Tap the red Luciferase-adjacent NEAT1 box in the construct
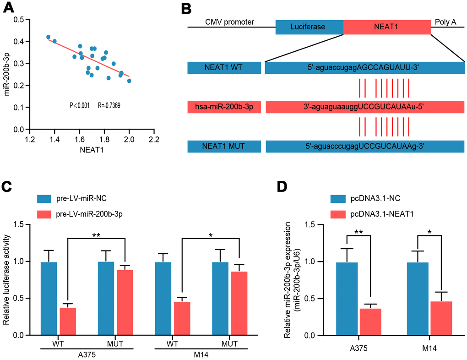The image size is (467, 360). pos(387,27)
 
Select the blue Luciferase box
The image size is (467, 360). pos(309,27)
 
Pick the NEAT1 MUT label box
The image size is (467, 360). pos(224,147)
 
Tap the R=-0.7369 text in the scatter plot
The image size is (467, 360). pos(109,105)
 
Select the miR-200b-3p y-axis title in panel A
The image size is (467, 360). pos(7,74)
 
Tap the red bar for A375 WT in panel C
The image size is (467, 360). pos(68,322)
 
